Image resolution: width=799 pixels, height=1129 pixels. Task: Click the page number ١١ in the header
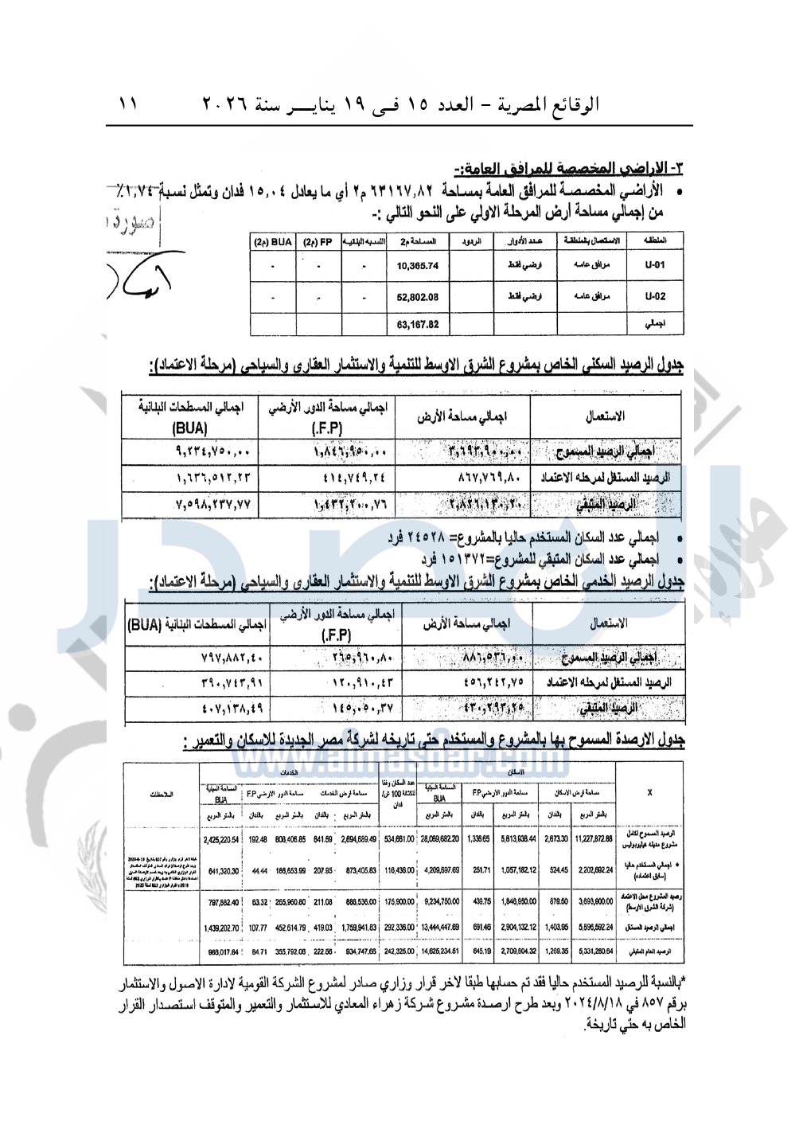127,104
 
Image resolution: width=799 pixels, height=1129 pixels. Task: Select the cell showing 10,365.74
417,266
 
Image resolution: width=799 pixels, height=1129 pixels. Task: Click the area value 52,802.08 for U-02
417,297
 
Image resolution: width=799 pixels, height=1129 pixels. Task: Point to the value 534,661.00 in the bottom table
399,838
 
